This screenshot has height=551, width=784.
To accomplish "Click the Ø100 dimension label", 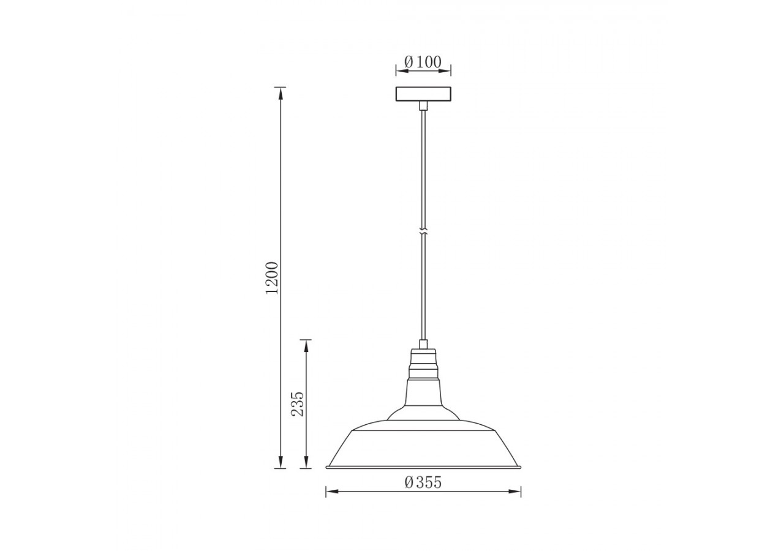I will tap(423, 62).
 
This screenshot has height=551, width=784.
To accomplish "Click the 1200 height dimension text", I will tap(272, 277).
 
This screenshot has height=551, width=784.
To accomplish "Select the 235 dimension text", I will tap(298, 404).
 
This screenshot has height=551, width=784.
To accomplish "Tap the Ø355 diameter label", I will tap(423, 482).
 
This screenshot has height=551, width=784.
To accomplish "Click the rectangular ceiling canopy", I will tap(423, 94).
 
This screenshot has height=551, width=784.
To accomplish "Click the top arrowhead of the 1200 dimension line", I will tap(281, 92).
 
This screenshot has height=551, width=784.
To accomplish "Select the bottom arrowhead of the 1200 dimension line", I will tap(281, 463).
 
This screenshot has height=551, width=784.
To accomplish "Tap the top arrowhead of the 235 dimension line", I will tap(306, 345).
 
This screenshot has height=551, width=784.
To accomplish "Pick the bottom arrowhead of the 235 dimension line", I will tap(306, 463).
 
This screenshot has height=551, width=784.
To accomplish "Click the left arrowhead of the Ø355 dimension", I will tap(330, 491).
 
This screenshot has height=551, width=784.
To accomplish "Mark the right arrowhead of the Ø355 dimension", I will tap(516, 491).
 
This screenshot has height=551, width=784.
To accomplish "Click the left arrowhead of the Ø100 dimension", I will tap(399, 72).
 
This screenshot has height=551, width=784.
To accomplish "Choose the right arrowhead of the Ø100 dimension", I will tap(447, 72).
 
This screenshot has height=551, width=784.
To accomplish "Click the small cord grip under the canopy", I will tap(423, 106).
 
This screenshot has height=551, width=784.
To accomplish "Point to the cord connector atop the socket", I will tap(423, 344).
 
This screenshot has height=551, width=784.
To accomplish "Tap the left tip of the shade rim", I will tap(327, 467).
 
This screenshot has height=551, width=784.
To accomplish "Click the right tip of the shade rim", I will tap(520, 467).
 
